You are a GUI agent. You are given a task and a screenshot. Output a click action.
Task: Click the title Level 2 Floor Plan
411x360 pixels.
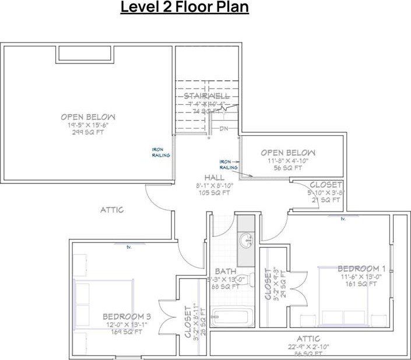[x=185, y=9]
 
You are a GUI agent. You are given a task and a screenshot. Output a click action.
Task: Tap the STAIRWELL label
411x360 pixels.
[x=206, y=96]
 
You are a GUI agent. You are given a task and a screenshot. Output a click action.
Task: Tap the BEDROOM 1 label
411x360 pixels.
[x=361, y=269]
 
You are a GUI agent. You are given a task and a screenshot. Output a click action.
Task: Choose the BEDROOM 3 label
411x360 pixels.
[x=127, y=316]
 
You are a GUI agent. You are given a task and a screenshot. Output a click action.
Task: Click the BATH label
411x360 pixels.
[x=224, y=271]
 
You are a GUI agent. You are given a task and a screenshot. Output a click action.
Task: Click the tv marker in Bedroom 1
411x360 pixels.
[x=343, y=219]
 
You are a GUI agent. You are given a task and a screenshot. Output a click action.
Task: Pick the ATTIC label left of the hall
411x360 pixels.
[x=111, y=209]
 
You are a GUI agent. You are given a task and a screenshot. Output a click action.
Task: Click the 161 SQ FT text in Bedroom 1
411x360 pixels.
[x=361, y=284]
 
